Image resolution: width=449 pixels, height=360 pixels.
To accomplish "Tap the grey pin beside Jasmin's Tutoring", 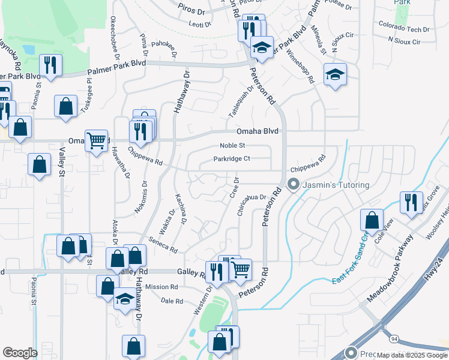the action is click(294, 184).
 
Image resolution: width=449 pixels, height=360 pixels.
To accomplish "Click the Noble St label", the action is click(232, 145).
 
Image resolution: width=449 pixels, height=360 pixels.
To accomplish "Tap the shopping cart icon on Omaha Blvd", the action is click(96, 141).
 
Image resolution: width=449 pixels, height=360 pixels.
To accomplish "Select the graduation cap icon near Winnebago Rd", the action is click(335, 74).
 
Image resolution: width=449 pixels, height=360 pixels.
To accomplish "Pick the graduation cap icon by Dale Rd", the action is click(124, 298).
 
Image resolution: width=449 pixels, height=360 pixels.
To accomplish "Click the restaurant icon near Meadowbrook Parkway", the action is click(411, 202).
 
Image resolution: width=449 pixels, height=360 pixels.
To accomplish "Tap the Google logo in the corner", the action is click(20, 353).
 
